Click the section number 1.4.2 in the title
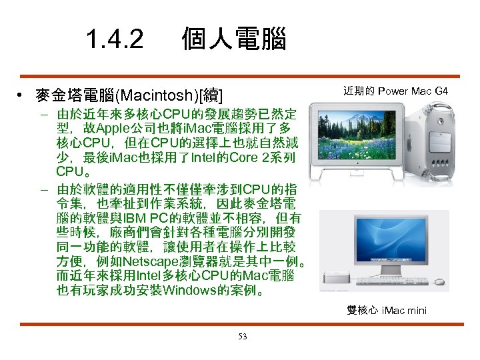coord(114,40)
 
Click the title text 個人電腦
coord(234,40)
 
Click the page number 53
coord(243,337)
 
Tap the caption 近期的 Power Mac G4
coord(395,91)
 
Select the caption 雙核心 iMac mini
coord(386,310)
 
